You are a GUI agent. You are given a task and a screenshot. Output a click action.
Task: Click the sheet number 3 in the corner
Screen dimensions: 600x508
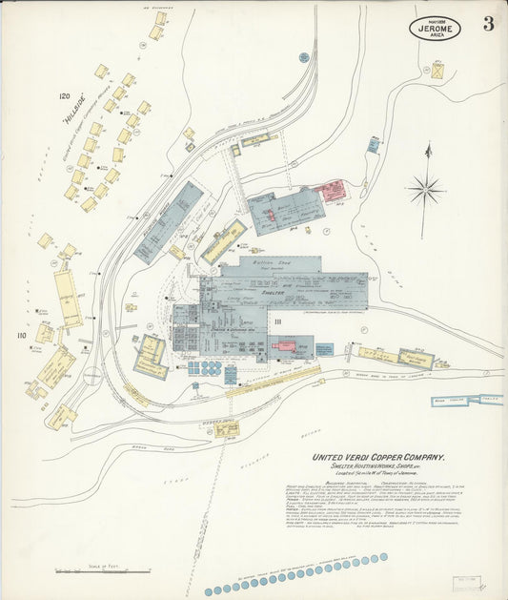click(x=488, y=24)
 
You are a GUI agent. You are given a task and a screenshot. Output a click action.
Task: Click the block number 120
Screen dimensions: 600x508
click(x=65, y=96)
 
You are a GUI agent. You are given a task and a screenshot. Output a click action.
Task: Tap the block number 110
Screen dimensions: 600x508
click(x=20, y=335)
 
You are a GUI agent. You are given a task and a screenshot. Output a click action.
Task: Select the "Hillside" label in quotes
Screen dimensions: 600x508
click(x=69, y=117)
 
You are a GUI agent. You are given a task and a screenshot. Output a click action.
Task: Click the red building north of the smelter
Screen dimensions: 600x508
click(x=331, y=190)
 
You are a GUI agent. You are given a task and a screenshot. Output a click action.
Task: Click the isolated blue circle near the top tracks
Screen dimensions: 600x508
click(x=304, y=58)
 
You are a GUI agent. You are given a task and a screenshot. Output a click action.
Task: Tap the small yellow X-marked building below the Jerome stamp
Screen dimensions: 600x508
click(x=437, y=71)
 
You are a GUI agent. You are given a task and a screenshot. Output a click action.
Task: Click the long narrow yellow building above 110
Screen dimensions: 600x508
click(x=67, y=299)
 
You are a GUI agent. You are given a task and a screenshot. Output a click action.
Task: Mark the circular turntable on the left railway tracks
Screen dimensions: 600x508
click(x=91, y=376)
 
